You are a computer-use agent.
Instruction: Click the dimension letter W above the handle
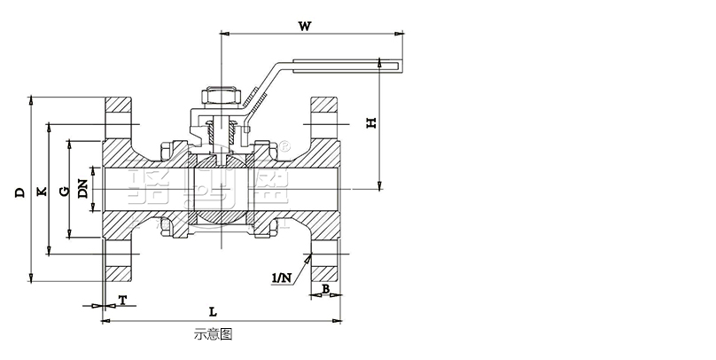click(x=304, y=26)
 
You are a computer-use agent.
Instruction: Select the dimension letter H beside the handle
click(x=372, y=121)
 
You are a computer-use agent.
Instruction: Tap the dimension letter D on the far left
click(x=19, y=191)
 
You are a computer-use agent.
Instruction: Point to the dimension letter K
click(x=40, y=191)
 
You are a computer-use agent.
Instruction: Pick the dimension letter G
click(x=63, y=190)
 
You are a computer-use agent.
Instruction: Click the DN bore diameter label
click(x=82, y=190)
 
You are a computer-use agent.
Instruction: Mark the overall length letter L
click(x=213, y=311)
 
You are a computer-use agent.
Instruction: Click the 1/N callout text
click(x=282, y=278)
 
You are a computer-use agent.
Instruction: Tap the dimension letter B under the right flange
click(x=325, y=289)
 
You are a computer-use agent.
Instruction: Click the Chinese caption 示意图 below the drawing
click(x=212, y=335)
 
